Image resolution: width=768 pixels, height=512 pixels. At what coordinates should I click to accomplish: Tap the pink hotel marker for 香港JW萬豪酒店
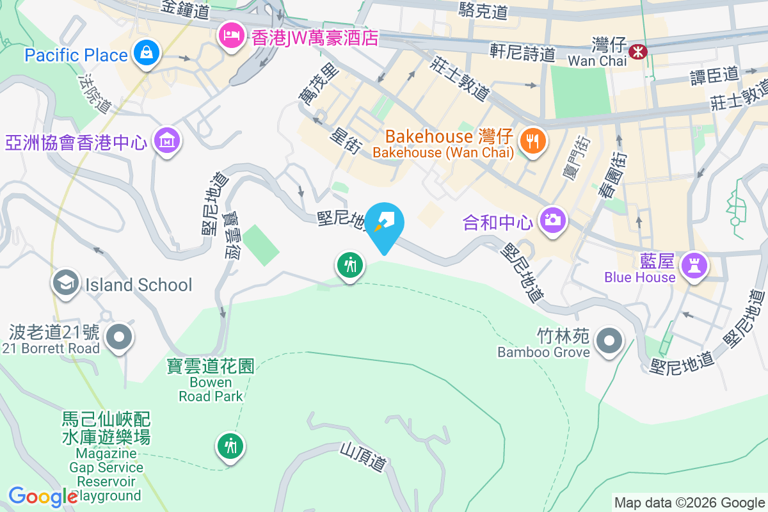pyautogui.click(x=230, y=33)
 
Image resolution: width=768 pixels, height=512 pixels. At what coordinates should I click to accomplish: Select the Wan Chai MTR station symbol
pyautogui.click(x=637, y=51)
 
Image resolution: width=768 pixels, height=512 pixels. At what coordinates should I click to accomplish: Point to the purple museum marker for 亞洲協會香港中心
pyautogui.click(x=168, y=140)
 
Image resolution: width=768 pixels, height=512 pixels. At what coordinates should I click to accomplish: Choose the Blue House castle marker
pyautogui.click(x=693, y=263)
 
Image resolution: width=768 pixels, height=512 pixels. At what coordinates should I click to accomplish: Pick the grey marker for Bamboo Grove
pyautogui.click(x=608, y=340)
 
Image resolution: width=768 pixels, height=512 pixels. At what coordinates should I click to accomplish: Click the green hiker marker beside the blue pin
pyautogui.click(x=350, y=264)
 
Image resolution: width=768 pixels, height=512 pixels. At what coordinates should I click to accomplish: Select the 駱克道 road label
pyautogui.click(x=483, y=10)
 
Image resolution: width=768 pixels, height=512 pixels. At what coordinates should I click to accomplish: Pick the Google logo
pyautogui.click(x=42, y=497)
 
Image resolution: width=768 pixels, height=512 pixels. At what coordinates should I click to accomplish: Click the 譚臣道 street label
pyautogui.click(x=714, y=76)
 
